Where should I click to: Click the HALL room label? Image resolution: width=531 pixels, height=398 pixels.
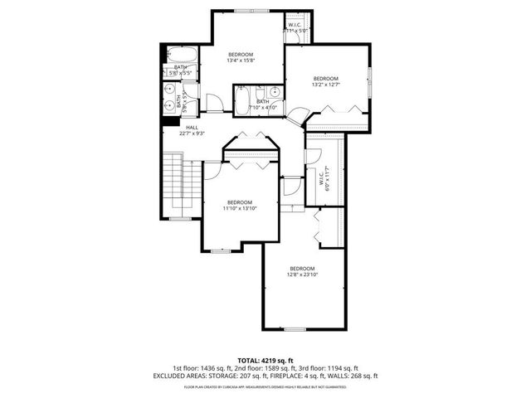pyautogui.click(x=192, y=127)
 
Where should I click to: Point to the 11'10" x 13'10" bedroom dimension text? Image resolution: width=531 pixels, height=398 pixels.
pyautogui.click(x=240, y=208)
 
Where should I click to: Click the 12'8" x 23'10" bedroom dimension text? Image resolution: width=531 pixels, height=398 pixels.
pyautogui.click(x=302, y=274)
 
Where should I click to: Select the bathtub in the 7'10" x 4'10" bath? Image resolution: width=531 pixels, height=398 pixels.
pyautogui.click(x=244, y=102)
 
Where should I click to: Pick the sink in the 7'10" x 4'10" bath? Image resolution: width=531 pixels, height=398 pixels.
pyautogui.click(x=273, y=93)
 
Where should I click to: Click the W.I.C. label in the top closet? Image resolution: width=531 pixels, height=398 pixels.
pyautogui.click(x=295, y=25)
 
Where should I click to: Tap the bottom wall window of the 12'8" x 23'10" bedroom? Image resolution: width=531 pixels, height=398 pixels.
pyautogui.click(x=295, y=329)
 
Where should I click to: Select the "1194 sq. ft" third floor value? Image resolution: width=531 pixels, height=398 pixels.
pyautogui.click(x=338, y=368)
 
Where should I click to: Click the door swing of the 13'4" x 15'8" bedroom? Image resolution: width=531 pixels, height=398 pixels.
pyautogui.click(x=213, y=104)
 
